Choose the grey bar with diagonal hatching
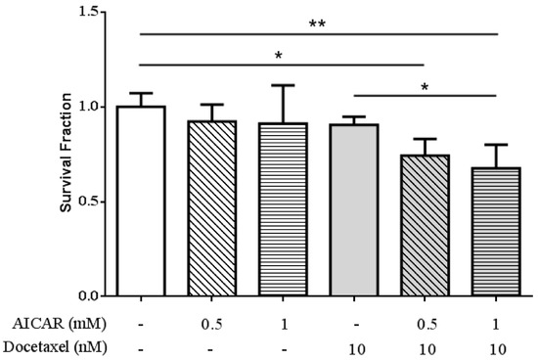tap(424, 225)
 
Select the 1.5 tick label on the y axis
tap(90, 12)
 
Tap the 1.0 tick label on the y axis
tap(90, 107)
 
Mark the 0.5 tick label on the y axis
tap(90, 202)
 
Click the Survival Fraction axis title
tap(66, 153)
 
